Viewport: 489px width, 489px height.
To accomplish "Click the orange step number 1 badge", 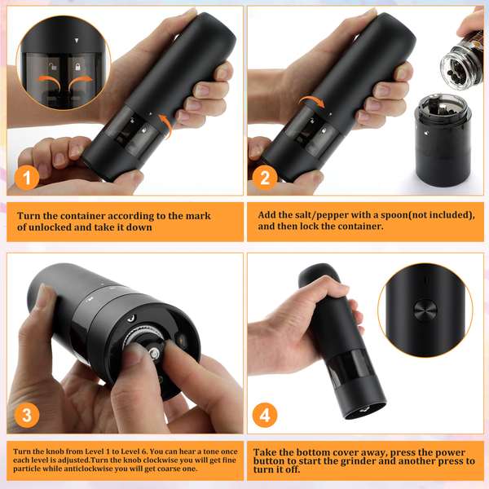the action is pos(27,178).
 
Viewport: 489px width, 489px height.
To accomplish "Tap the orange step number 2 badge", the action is pos(265,178).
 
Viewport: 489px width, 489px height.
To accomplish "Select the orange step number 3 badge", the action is pos(27,415).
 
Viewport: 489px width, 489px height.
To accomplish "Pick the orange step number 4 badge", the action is pos(265,415).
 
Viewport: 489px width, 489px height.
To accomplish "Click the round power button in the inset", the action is pos(425,311).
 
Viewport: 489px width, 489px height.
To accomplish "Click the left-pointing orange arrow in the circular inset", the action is pos(49,81).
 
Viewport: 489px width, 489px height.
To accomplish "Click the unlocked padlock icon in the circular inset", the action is pos(53,66).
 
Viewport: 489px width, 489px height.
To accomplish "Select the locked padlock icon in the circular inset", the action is pos(77,67).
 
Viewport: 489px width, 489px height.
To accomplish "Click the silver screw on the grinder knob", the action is pos(154,354).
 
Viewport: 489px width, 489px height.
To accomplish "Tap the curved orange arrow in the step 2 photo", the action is pos(312,100).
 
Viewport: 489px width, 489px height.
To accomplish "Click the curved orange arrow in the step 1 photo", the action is pos(166,126).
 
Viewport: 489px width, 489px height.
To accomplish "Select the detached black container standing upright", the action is pos(443,141).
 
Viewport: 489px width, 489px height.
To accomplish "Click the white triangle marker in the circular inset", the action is pos(77,40).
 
